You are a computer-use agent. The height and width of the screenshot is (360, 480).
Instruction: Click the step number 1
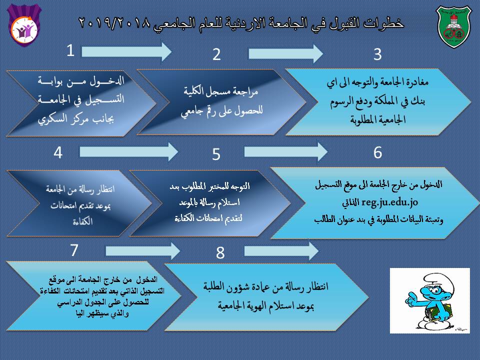point(71,50)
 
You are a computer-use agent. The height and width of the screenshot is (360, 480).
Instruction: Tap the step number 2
point(216,54)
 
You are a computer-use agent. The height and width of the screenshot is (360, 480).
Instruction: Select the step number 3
point(377,54)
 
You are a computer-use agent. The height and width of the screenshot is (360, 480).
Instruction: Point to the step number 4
point(58,152)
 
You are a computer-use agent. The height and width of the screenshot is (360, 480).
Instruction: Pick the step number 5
point(216,154)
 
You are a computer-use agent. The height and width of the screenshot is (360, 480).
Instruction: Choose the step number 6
point(377,152)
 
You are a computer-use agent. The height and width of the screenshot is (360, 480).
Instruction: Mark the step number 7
point(74,250)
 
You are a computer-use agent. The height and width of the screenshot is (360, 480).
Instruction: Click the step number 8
point(220,253)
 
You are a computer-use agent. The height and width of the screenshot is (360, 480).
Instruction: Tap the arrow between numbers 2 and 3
point(285,52)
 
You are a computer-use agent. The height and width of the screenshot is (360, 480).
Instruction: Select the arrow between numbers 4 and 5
point(128,150)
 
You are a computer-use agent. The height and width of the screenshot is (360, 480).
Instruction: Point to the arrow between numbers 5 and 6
point(285,150)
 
